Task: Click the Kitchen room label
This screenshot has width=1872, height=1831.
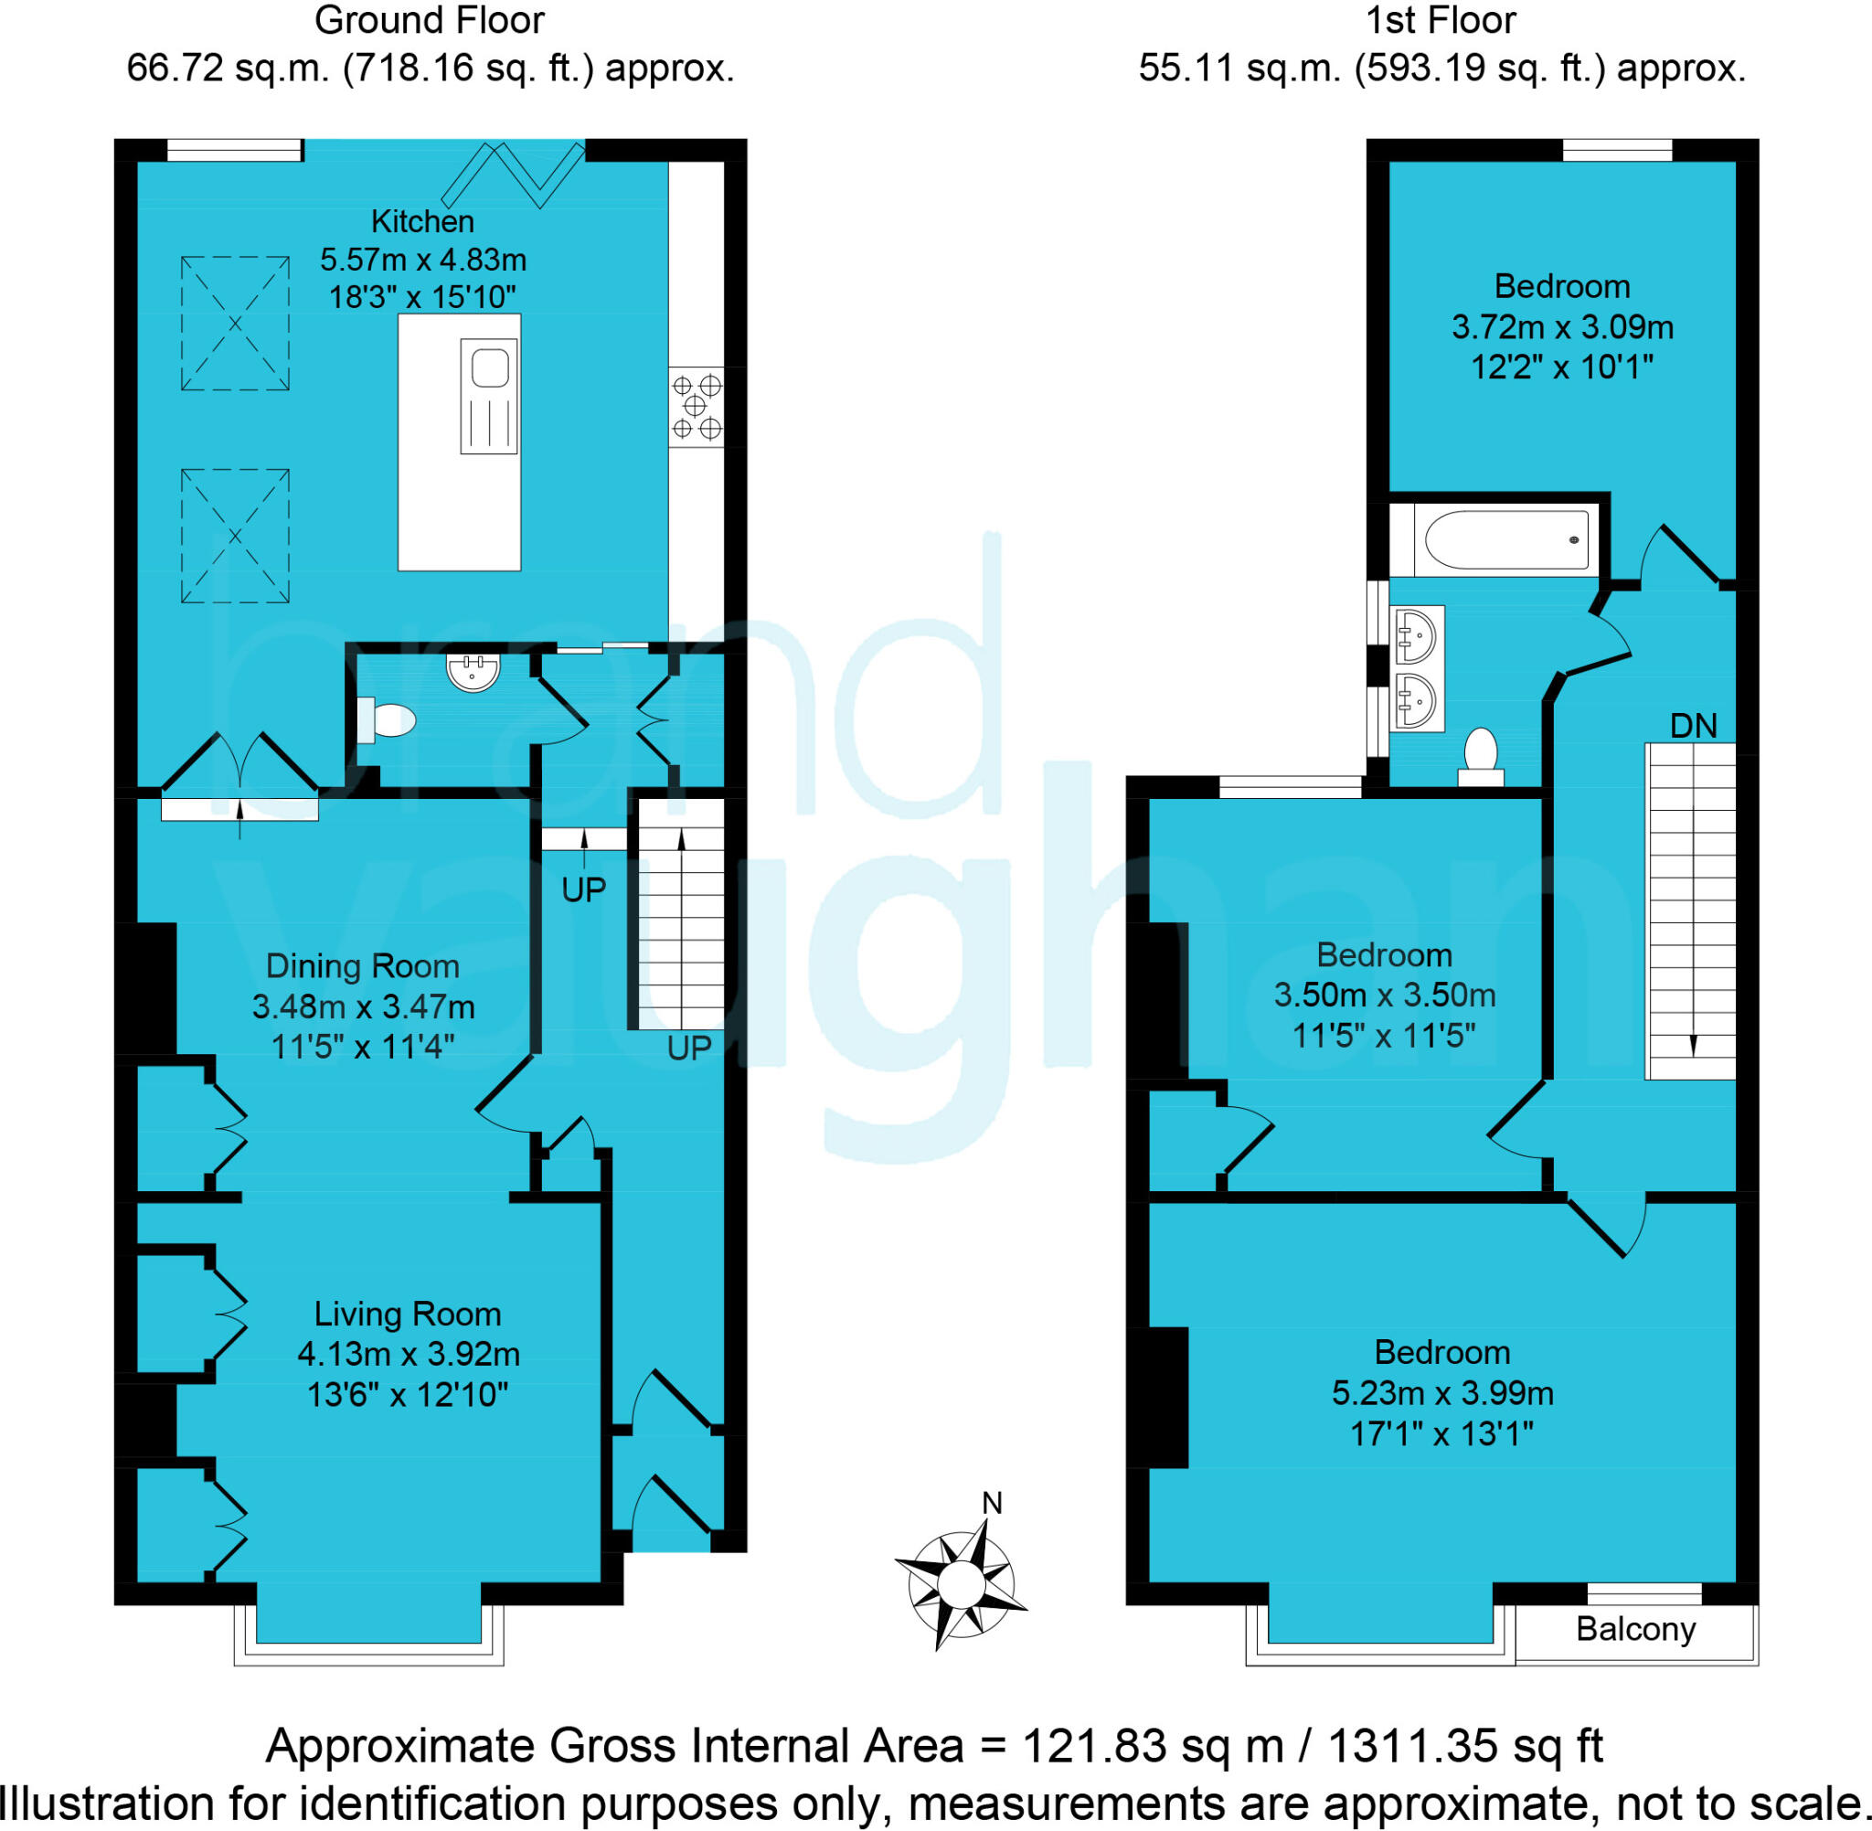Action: tap(422, 222)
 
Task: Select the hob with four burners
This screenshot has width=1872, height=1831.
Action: tap(697, 407)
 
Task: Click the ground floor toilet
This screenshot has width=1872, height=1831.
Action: tap(387, 719)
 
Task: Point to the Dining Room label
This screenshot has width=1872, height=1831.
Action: tap(362, 966)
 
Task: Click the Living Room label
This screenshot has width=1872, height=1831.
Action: tap(408, 1315)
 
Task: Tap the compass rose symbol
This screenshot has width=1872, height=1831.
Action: tap(960, 1580)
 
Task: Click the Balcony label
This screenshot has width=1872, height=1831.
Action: tap(1635, 1629)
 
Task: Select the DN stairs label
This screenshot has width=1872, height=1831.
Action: tap(1692, 726)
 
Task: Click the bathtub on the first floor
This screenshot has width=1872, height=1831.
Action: tap(1505, 540)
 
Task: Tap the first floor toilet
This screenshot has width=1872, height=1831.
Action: tap(1481, 758)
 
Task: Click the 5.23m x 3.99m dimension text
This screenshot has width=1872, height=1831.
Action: tap(1442, 1393)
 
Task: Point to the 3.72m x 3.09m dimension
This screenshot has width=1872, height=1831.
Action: tap(1562, 328)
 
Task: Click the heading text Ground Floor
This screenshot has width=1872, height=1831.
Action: tap(429, 20)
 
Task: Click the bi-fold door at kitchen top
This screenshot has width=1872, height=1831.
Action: tap(513, 174)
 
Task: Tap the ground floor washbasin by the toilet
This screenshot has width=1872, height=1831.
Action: tap(473, 671)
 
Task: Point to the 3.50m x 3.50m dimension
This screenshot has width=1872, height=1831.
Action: tap(1385, 995)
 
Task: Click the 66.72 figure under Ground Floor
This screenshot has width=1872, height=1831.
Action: tap(174, 69)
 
